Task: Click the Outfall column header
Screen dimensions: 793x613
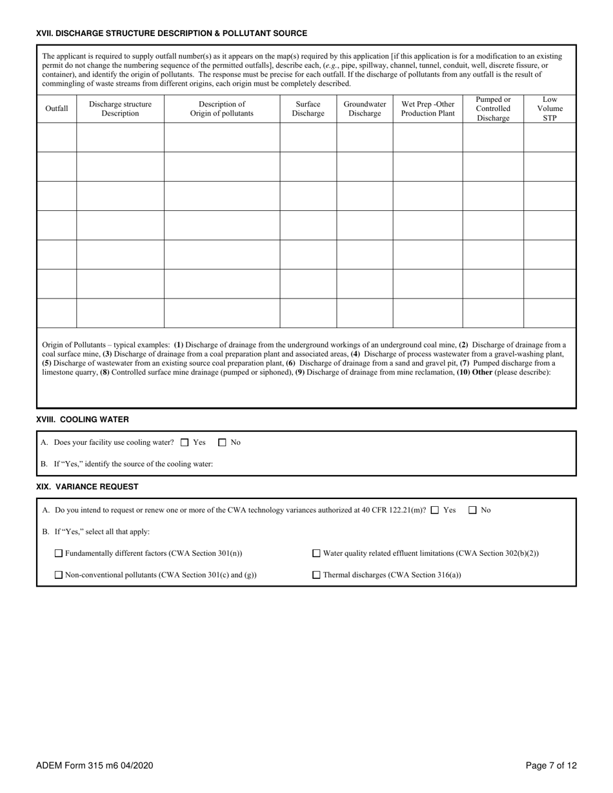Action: click(56, 108)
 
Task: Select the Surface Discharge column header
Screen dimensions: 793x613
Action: click(308, 108)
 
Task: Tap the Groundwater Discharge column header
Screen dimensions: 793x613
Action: click(365, 108)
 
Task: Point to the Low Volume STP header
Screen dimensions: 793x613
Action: click(549, 108)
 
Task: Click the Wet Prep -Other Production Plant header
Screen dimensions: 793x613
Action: click(427, 108)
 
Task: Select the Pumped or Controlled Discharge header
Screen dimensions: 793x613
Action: click(493, 108)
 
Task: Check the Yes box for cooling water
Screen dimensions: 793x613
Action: click(185, 442)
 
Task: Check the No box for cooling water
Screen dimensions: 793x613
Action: click(223, 442)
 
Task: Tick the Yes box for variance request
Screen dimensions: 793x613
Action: click(435, 510)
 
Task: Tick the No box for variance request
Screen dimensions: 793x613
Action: click(473, 510)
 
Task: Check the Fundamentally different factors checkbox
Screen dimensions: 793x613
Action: click(59, 553)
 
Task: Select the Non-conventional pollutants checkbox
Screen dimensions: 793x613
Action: click(59, 575)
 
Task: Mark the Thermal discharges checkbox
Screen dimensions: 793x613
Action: click(316, 575)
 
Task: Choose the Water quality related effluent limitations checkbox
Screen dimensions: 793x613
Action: click(316, 553)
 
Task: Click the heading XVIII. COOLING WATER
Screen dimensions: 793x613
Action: click(83, 420)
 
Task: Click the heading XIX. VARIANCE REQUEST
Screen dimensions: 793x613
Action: click(87, 487)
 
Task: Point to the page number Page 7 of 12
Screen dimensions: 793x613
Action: click(551, 766)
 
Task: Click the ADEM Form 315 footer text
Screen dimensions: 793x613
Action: click(94, 766)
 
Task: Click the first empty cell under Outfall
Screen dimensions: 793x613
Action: click(56, 137)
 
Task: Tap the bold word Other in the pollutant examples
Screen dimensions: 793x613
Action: click(483, 372)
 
